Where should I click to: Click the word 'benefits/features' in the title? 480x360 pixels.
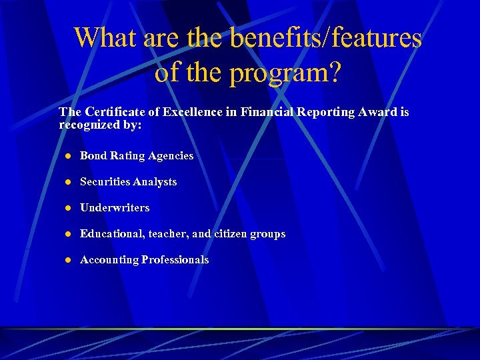coord(326,38)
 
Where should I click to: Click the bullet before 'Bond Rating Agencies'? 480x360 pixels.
coord(67,156)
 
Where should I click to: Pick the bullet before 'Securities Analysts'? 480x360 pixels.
coord(67,182)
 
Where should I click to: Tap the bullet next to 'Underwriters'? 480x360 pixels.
coord(67,208)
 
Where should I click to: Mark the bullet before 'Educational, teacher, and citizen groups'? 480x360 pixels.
coord(67,234)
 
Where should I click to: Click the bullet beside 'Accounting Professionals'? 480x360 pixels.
coord(67,260)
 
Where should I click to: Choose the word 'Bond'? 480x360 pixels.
coord(93,156)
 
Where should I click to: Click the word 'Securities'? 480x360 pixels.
coord(105,182)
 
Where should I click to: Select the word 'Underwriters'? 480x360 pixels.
coord(115,208)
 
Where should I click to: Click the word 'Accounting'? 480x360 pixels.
coord(109,260)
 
